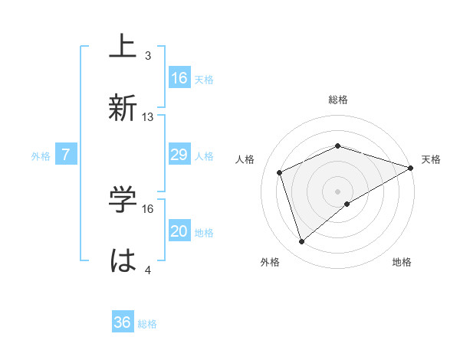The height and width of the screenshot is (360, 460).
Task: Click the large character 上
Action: click(x=123, y=48)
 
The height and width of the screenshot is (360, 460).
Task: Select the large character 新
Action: click(x=123, y=108)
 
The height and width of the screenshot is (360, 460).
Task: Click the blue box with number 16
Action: click(x=179, y=78)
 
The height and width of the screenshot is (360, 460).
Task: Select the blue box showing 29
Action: click(x=179, y=155)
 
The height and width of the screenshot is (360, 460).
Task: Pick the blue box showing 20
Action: click(x=179, y=231)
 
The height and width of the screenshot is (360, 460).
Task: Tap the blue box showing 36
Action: click(x=123, y=322)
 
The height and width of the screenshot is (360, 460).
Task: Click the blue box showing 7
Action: click(x=66, y=155)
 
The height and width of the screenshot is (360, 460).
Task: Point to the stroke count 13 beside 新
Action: click(x=148, y=117)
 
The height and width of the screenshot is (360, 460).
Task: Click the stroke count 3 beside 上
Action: click(x=148, y=56)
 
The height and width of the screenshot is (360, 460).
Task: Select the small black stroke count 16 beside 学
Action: click(x=148, y=208)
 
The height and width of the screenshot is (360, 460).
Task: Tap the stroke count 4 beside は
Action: click(x=148, y=270)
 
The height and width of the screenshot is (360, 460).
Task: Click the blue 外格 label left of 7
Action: click(x=41, y=155)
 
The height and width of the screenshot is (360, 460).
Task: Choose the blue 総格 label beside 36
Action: click(x=147, y=324)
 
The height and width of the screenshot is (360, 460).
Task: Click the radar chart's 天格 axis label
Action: click(x=432, y=159)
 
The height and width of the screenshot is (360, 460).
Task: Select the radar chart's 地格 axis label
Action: click(x=402, y=262)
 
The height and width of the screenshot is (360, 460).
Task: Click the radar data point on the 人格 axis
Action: click(x=281, y=172)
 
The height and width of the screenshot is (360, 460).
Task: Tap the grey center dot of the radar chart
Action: click(x=338, y=191)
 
